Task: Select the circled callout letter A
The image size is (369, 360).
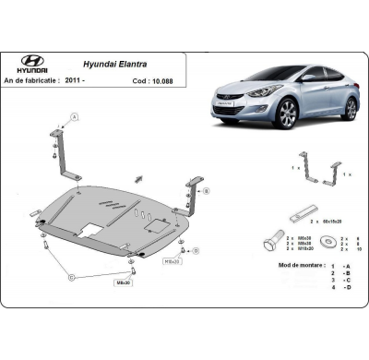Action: tap(74, 116)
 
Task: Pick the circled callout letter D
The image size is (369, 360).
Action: tap(71, 277)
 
